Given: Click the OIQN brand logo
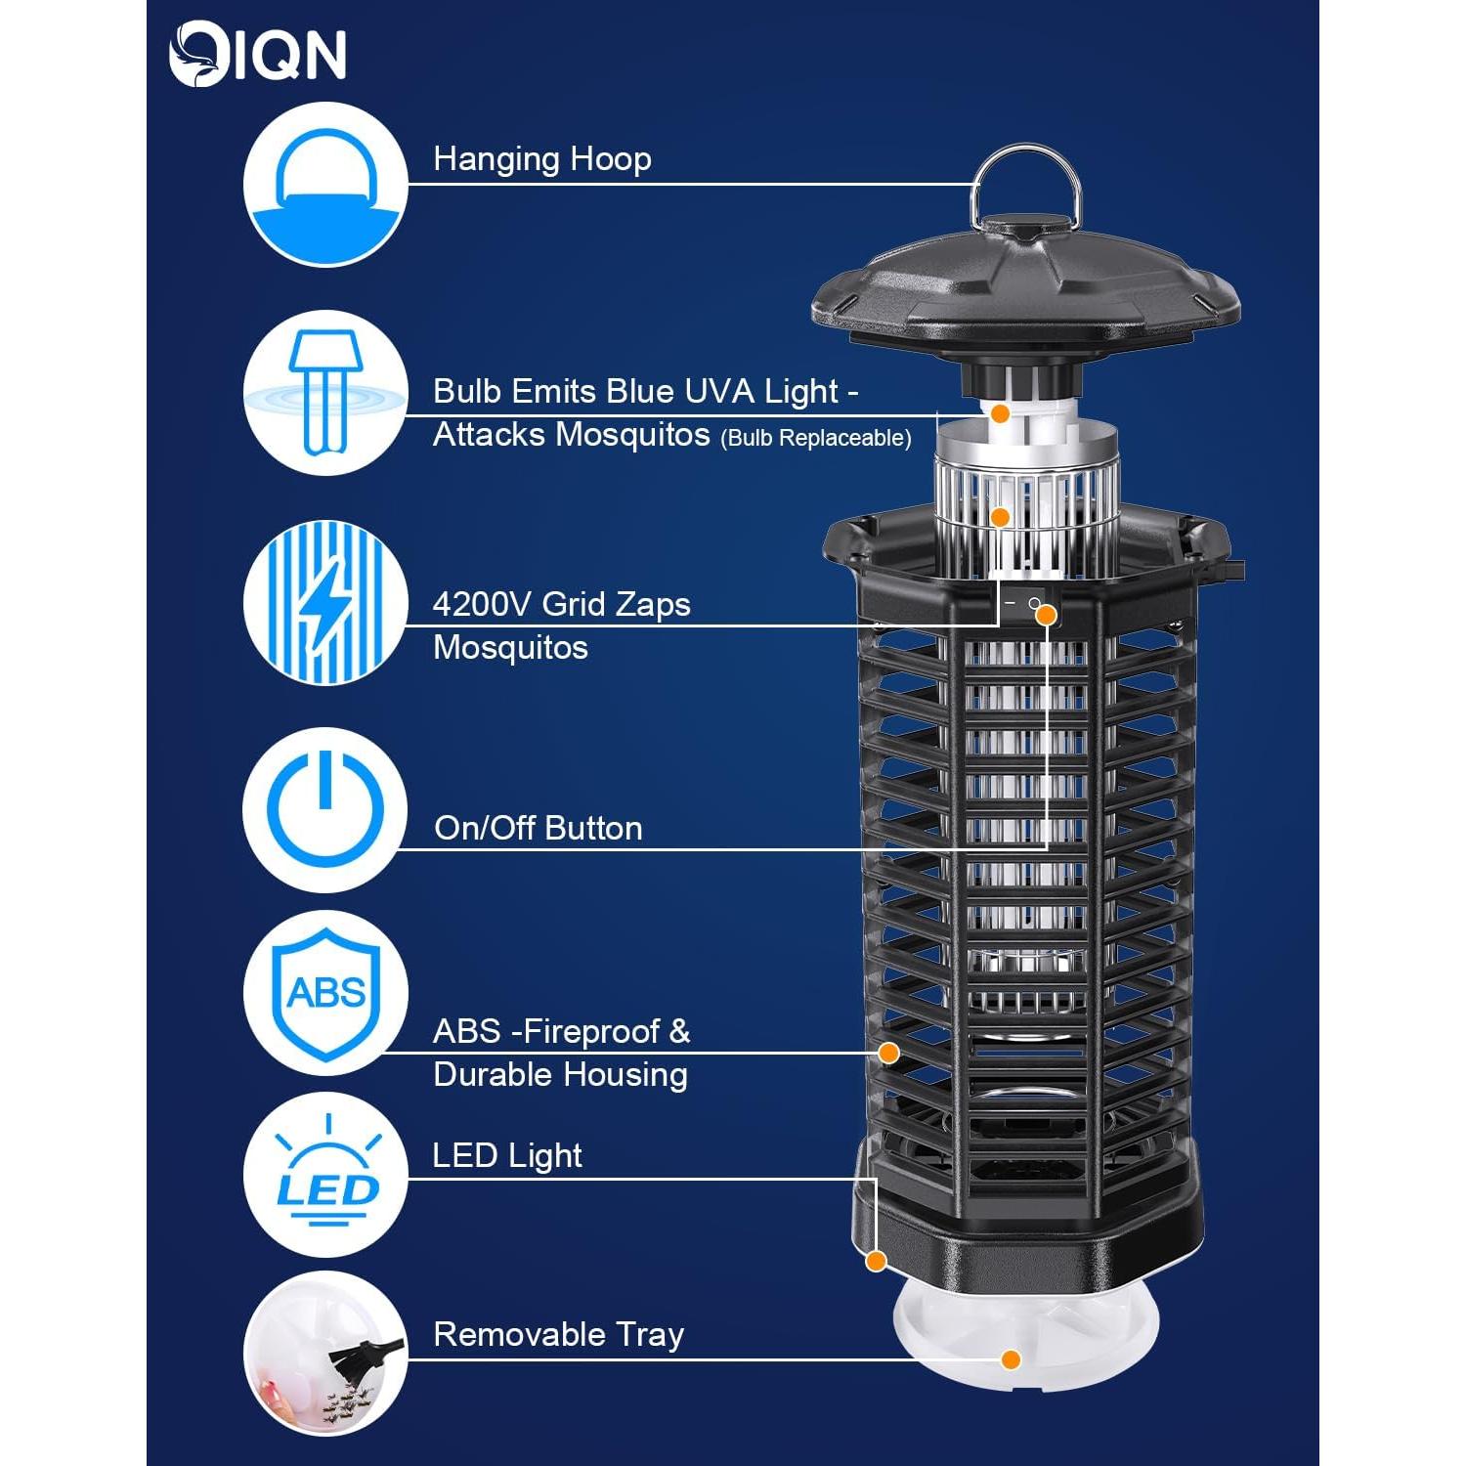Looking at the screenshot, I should tap(257, 56).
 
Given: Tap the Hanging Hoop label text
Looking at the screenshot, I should tap(541, 159).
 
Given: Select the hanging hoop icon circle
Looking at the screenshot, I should tap(325, 184).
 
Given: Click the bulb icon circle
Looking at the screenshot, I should tap(325, 393).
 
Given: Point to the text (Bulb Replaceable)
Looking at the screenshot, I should tap(815, 439).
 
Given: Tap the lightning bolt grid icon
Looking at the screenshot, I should tap(325, 603).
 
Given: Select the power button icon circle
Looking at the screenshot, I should tap(325, 809).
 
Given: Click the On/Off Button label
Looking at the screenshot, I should tap(538, 829).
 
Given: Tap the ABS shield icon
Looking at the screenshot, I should tap(325, 994).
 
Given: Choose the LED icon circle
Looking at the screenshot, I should tap(325, 1176).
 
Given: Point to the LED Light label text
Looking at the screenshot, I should tap(506, 1156).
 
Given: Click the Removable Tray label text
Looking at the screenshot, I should tap(558, 1335).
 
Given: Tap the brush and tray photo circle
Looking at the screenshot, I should tap(325, 1354).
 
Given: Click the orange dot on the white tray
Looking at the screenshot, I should tap(1012, 1359).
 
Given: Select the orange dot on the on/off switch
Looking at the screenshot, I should tap(1046, 615).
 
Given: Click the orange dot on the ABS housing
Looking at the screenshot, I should tap(888, 1053).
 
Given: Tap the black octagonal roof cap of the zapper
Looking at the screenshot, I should tap(1026, 293).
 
